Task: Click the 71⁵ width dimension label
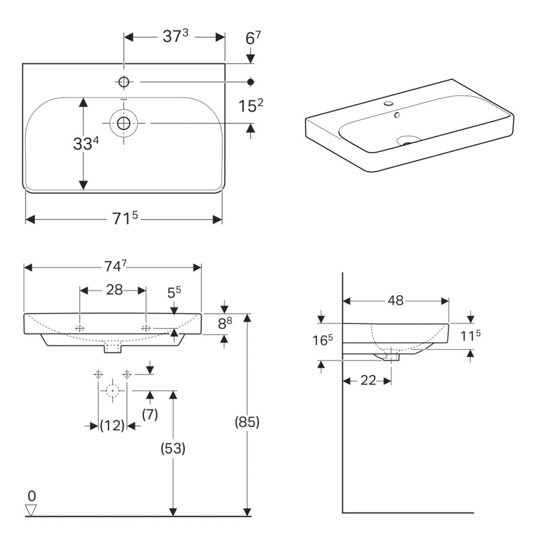[124, 219]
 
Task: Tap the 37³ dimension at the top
[176, 37]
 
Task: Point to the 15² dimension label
[250, 106]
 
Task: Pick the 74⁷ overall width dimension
[113, 267]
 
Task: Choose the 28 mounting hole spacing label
[114, 290]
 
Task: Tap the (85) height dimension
[247, 422]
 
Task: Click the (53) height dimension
[173, 447]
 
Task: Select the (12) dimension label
[112, 426]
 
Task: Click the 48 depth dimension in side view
[395, 301]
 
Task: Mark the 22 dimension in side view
[367, 381]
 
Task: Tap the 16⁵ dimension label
[322, 340]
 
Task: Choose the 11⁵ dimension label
[470, 334]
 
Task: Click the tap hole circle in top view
[124, 82]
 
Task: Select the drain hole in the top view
[124, 123]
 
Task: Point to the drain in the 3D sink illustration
[408, 141]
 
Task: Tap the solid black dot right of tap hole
[251, 82]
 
